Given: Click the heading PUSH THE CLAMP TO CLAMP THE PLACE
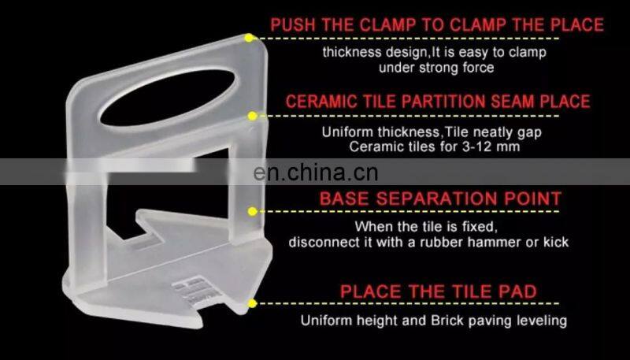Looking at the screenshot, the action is point(437,25).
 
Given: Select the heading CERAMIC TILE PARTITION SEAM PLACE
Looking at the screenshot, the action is point(438,102).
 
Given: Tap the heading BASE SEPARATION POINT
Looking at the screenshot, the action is point(440,199).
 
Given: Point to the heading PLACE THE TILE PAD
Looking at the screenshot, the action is point(439,291).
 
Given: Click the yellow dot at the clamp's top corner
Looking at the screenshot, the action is point(249,38).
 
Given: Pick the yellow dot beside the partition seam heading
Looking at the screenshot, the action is point(252,116).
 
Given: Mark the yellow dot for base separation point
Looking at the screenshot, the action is point(253,211).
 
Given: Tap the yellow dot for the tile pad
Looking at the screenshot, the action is point(252,303).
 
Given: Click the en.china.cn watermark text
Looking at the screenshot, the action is point(316,173).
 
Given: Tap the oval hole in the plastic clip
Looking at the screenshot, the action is point(168,98).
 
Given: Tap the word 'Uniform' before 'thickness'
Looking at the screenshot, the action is point(347,132).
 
